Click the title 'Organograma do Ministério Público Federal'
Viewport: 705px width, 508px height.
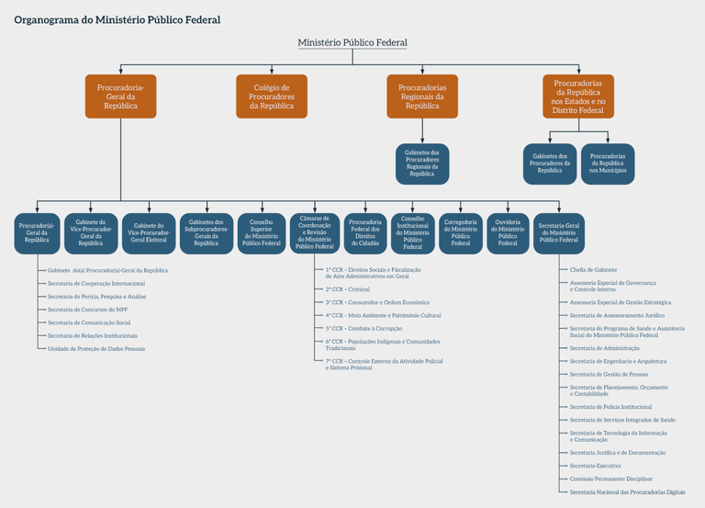pyautogui.click(x=117, y=19)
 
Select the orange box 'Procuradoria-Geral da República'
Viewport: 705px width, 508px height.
pyautogui.click(x=121, y=96)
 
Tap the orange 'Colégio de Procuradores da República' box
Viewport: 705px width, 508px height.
pyautogui.click(x=272, y=96)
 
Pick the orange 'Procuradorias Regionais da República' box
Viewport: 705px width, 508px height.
pyautogui.click(x=422, y=96)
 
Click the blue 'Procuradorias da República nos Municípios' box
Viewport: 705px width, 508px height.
pyautogui.click(x=608, y=164)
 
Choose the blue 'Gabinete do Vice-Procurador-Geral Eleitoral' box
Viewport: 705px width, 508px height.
pyautogui.click(x=149, y=233)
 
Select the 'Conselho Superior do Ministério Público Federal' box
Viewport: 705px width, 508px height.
pyautogui.click(x=263, y=233)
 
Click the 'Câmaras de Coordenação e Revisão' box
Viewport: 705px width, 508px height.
pyautogui.click(x=315, y=233)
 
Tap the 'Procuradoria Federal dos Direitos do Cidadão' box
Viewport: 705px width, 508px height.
pyautogui.click(x=365, y=233)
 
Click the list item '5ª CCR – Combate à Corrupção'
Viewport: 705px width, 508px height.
pyautogui.click(x=364, y=328)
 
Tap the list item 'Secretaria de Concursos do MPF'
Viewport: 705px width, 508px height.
pyautogui.click(x=87, y=310)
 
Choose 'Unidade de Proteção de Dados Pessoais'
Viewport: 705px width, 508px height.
pyautogui.click(x=96, y=349)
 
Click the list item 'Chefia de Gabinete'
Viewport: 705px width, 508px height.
pyautogui.click(x=593, y=270)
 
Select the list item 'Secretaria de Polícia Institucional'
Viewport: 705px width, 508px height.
pyautogui.click(x=610, y=407)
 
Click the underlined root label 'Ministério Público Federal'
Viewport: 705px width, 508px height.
pyautogui.click(x=352, y=43)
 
